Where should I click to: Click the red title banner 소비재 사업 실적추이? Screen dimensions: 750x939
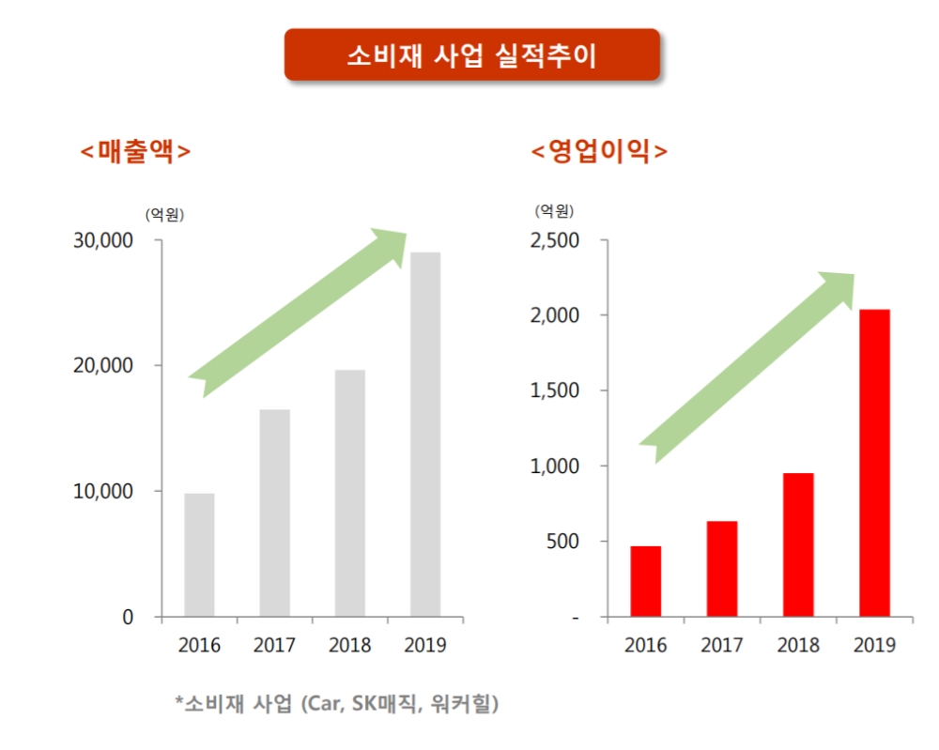(471, 54)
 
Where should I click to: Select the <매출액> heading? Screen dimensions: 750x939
(135, 151)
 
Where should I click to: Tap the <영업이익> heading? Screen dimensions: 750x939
(599, 151)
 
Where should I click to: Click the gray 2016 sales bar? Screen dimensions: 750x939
(199, 555)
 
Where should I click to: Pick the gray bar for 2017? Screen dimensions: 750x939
(274, 513)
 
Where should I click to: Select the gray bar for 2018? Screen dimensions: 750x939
(349, 493)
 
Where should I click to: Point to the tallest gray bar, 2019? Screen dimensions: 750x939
(424, 434)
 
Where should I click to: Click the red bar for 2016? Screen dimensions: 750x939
(645, 581)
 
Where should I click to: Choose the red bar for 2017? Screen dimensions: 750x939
(721, 569)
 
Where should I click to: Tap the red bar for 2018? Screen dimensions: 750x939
(797, 544)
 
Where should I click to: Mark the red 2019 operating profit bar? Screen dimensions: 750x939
(873, 463)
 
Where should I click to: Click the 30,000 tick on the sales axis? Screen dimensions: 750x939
(103, 241)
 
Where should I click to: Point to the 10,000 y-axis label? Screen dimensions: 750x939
(103, 492)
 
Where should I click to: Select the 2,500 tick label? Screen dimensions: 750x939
(555, 241)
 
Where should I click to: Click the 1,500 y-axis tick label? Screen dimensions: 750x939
(555, 391)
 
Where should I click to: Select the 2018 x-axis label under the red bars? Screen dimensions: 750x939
(797, 646)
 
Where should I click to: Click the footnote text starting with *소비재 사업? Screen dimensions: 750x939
(336, 703)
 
